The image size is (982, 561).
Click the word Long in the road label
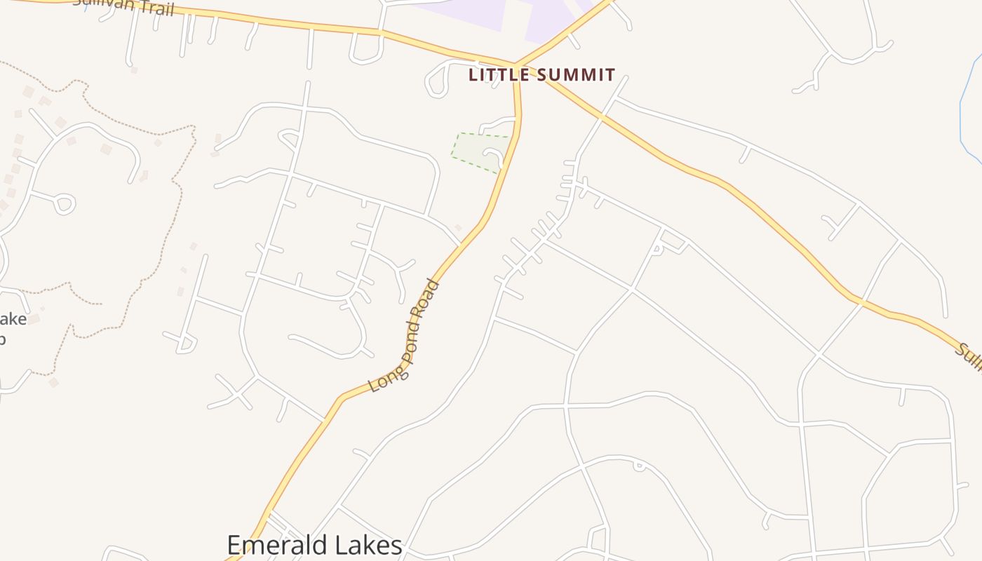click(x=381, y=377)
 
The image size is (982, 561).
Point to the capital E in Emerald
click(x=235, y=546)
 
